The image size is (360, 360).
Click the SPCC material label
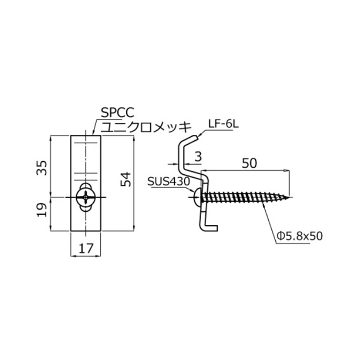[x=117, y=112]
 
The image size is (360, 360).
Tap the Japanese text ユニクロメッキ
[x=146, y=127]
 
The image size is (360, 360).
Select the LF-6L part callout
[x=223, y=124]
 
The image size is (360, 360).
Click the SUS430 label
[x=169, y=181]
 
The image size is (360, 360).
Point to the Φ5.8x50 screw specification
[x=300, y=236]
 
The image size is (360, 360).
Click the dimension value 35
[x=41, y=168]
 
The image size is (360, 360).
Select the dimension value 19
[x=41, y=210]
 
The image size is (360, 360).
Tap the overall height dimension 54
[x=126, y=179]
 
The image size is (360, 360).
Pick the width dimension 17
[x=86, y=248]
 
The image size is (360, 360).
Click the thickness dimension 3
[x=198, y=157]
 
